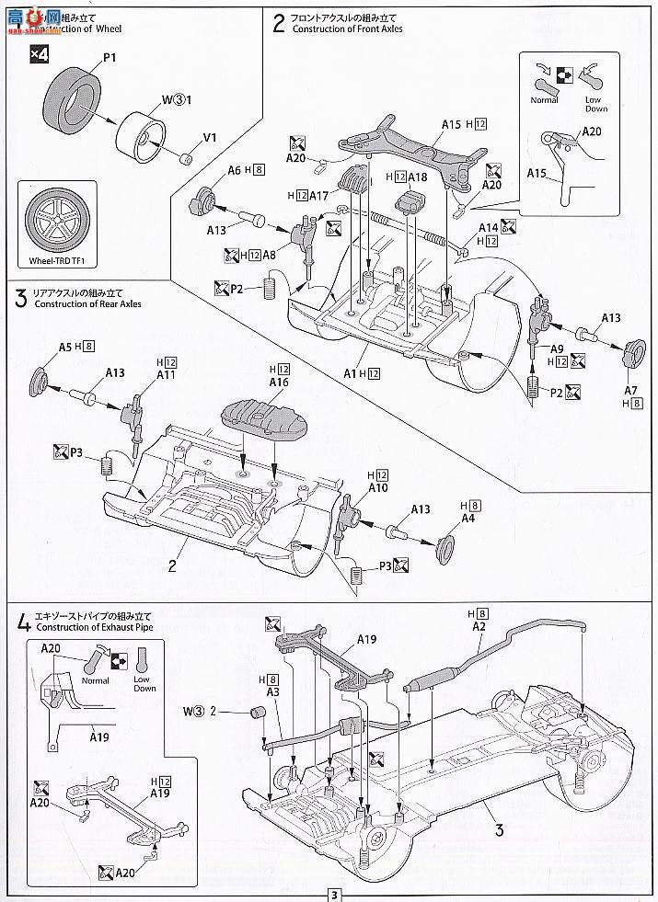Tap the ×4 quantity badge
tap(35, 55)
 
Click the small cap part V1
tap(189, 156)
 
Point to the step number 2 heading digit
tap(279, 22)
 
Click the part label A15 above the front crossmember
tap(451, 123)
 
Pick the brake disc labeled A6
tap(206, 198)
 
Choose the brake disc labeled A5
tap(41, 379)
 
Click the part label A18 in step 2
tap(418, 176)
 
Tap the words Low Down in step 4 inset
tap(144, 682)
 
